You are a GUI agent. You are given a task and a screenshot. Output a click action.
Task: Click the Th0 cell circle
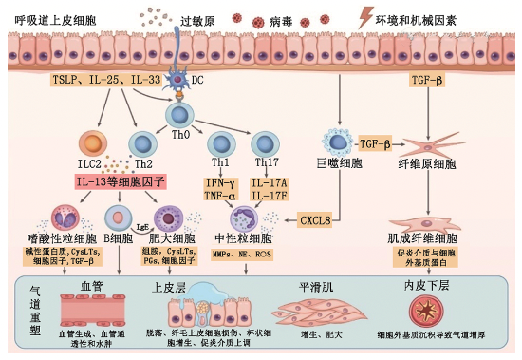point(177,112)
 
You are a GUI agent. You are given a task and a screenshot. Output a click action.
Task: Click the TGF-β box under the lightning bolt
point(428,80)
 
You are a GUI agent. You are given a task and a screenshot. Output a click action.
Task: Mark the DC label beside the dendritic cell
point(197,80)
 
